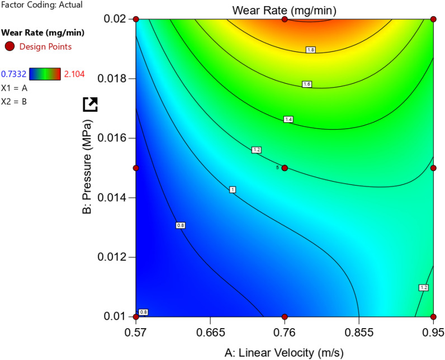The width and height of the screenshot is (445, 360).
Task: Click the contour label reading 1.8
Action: click(x=311, y=50)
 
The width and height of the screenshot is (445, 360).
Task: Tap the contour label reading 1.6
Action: click(x=306, y=84)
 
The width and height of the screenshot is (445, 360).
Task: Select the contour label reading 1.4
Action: click(x=288, y=119)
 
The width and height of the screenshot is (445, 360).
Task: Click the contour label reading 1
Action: click(x=233, y=190)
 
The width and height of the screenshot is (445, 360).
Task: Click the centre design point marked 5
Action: click(x=285, y=168)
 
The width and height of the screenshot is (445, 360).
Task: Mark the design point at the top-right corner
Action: click(x=434, y=19)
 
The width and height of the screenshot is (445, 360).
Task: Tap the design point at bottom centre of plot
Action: click(x=285, y=316)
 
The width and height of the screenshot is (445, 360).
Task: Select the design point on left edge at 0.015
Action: click(x=135, y=168)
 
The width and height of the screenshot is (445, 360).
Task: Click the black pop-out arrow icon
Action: click(x=90, y=104)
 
